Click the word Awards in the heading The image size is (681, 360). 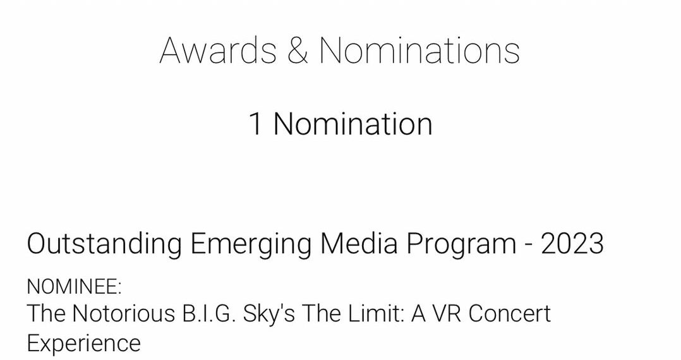coord(218,51)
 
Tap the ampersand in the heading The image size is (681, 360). coord(298,51)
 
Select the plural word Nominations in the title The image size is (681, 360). coord(419,51)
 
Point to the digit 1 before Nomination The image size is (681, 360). coord(256,124)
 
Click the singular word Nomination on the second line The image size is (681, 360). coord(353,124)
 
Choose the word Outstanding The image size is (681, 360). coord(104,243)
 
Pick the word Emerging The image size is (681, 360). coord(251,244)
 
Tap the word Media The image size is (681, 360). coord(359,243)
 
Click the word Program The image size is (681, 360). coord(461,244)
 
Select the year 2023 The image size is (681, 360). coord(572,243)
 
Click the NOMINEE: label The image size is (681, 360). coord(75,287)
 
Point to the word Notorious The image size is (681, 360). coord(123,313)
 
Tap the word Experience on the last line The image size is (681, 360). coord(84,344)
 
